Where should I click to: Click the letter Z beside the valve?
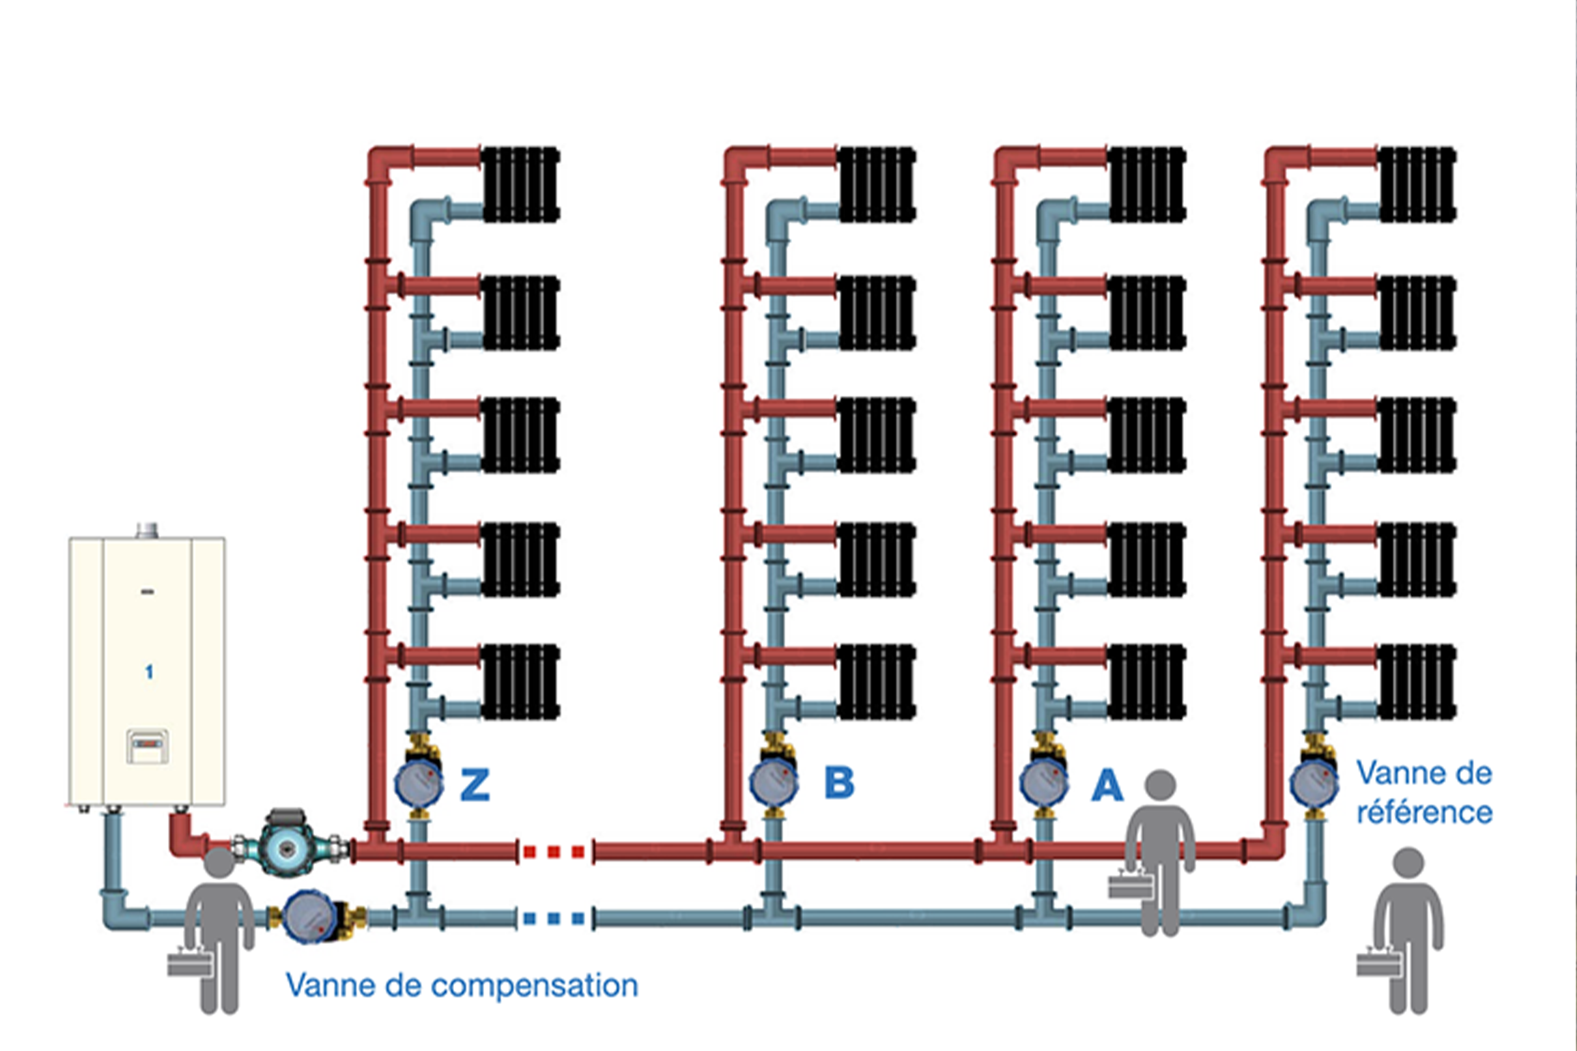[475, 784]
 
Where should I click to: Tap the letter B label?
[840, 782]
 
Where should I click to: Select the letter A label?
[1107, 785]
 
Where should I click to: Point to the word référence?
[1424, 812]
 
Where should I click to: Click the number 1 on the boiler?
[149, 672]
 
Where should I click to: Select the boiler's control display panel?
[147, 746]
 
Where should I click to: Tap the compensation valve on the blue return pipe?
[310, 916]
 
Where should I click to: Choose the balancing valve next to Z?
[418, 782]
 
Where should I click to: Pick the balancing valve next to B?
[773, 782]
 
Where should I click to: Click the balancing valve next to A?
[1044, 782]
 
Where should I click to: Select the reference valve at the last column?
[1314, 782]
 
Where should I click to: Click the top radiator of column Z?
[521, 184]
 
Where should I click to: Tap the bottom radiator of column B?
[877, 682]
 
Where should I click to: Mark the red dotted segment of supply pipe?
[554, 852]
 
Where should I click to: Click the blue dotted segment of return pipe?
[554, 918]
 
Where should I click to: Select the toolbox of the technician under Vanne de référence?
[1379, 962]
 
